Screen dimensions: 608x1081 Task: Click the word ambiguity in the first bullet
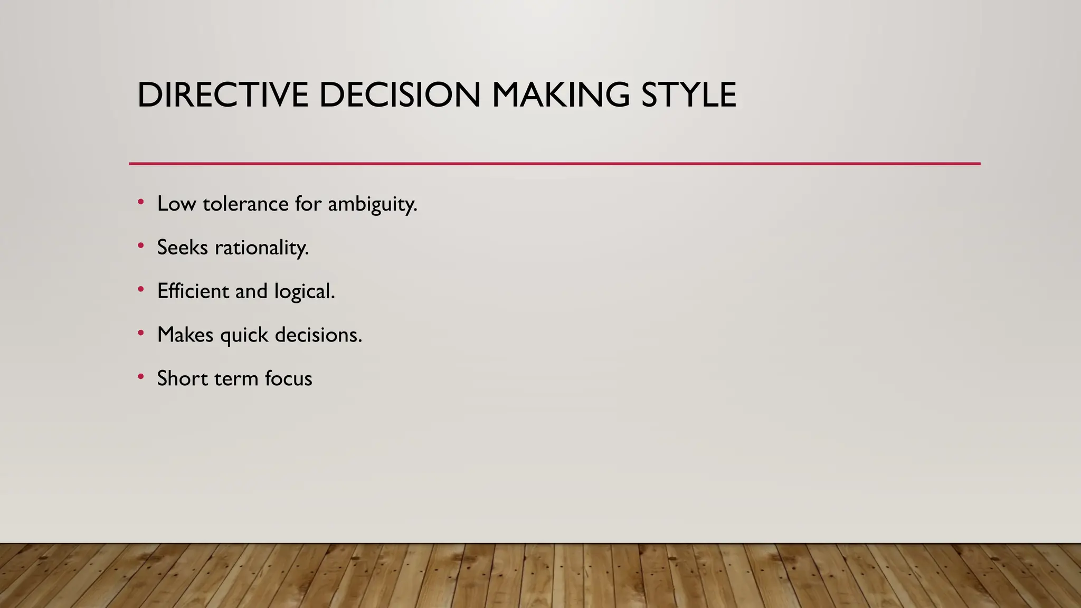(x=372, y=204)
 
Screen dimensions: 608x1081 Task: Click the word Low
(x=176, y=204)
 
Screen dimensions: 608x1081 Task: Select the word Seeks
(x=183, y=248)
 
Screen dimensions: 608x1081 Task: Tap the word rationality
(x=262, y=248)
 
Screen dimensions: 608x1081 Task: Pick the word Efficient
(x=193, y=291)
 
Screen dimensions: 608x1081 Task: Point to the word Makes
(x=185, y=335)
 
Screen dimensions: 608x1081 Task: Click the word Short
(x=183, y=378)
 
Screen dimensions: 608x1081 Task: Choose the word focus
(x=289, y=378)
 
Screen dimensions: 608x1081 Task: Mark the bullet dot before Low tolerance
(x=140, y=202)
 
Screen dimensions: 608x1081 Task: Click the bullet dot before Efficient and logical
(x=140, y=289)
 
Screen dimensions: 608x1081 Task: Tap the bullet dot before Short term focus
(x=140, y=377)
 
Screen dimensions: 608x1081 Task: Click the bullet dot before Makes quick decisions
(x=140, y=333)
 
